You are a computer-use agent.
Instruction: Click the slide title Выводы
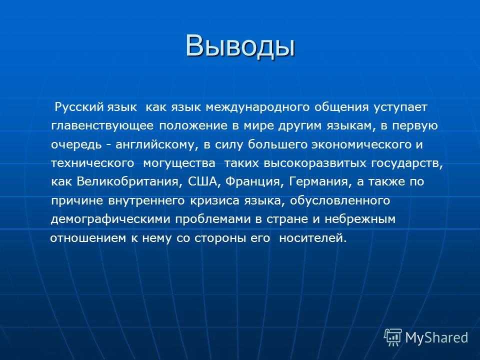click(x=240, y=46)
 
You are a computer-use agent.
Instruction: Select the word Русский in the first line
click(x=79, y=107)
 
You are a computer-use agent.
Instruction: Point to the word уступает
click(x=400, y=108)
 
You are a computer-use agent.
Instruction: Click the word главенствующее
click(x=102, y=126)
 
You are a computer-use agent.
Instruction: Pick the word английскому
click(x=155, y=145)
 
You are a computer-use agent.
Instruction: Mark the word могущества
click(x=179, y=163)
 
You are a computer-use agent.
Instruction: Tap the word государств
click(x=407, y=163)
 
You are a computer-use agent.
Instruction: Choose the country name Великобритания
click(x=127, y=182)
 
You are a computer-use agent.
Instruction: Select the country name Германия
click(x=319, y=182)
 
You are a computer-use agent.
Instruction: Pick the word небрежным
click(x=360, y=219)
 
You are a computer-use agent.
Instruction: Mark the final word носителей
click(x=313, y=238)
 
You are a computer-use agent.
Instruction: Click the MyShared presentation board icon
click(x=393, y=337)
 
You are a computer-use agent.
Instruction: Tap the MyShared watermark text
click(x=437, y=337)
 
